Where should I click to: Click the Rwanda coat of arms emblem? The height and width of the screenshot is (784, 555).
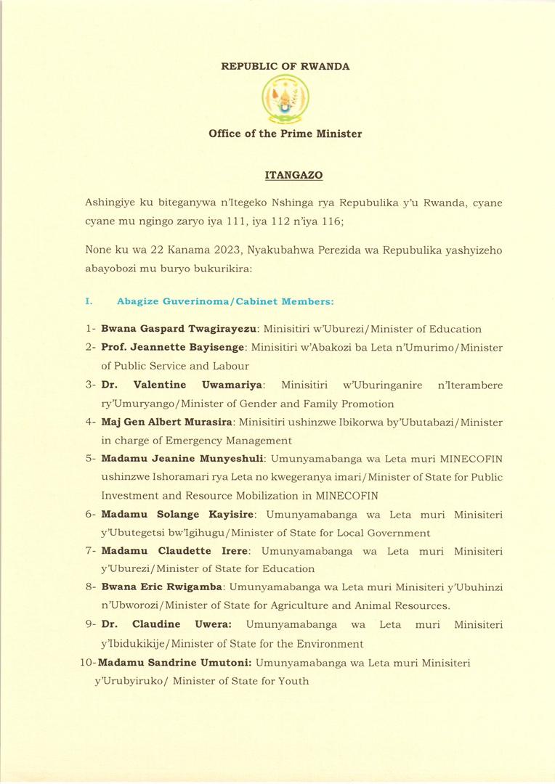click(285, 100)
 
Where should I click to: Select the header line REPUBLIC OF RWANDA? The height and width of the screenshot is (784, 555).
click(285, 67)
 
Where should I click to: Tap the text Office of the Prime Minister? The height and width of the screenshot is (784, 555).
click(285, 134)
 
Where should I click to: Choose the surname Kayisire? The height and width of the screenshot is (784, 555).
click(226, 515)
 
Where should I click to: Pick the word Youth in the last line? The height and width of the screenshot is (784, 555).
click(294, 681)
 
